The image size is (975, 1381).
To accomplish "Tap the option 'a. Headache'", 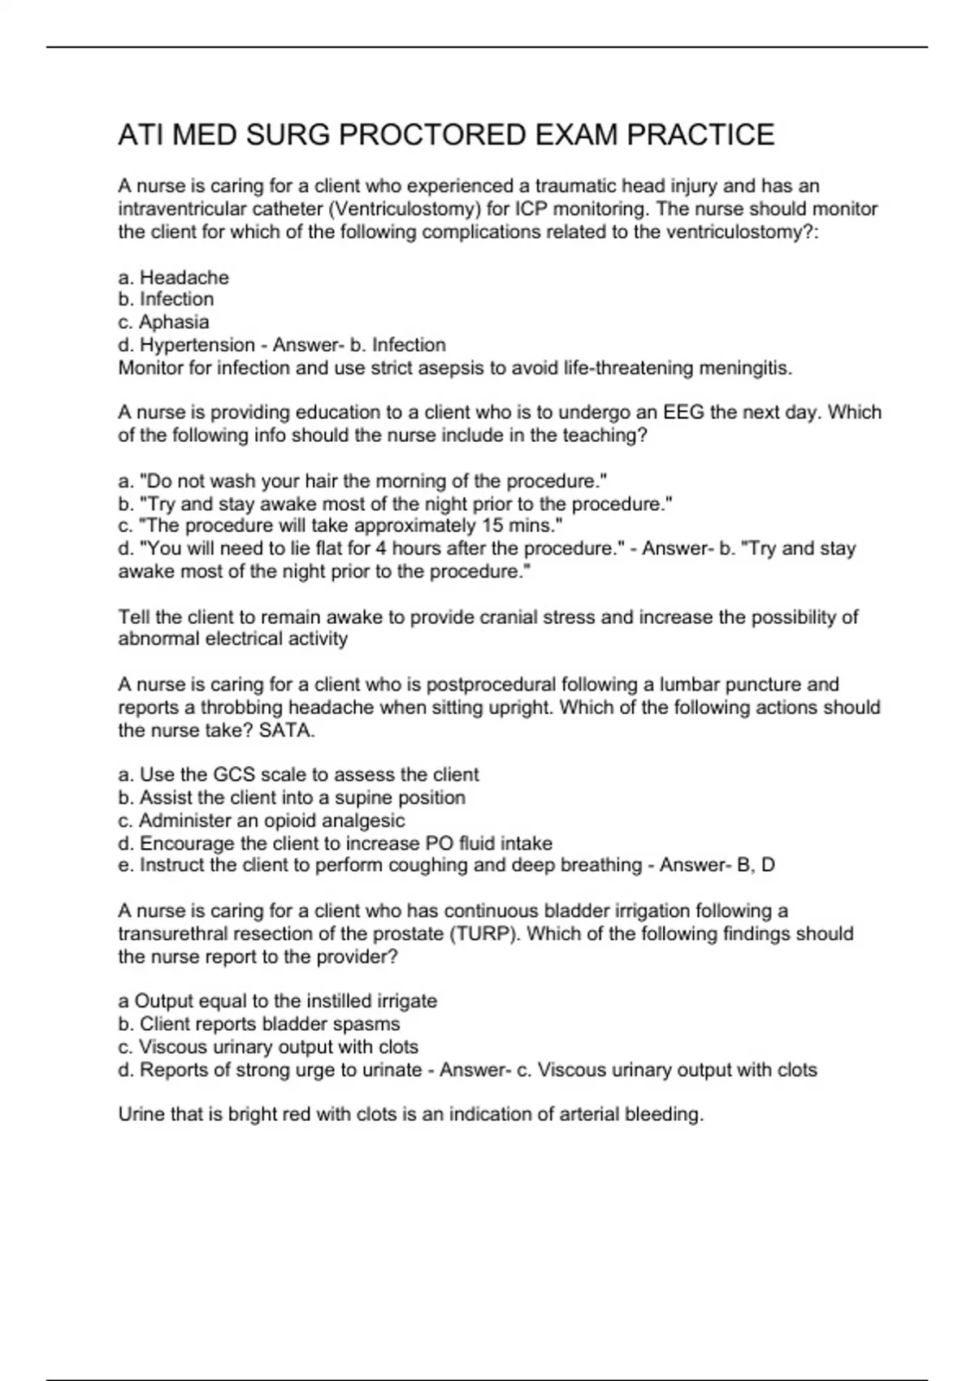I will (174, 278).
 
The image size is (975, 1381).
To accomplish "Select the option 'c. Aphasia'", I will (164, 323).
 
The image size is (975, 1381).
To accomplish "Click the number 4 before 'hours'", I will (380, 548).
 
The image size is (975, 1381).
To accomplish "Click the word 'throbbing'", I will (241, 708).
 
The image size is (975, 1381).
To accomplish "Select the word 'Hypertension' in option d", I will (197, 345).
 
